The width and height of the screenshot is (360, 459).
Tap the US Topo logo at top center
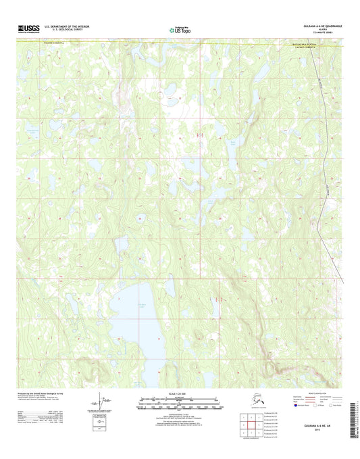click(180, 29)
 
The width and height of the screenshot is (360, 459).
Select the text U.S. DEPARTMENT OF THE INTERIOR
click(66, 26)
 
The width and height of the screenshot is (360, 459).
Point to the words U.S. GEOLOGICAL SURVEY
click(62, 30)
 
